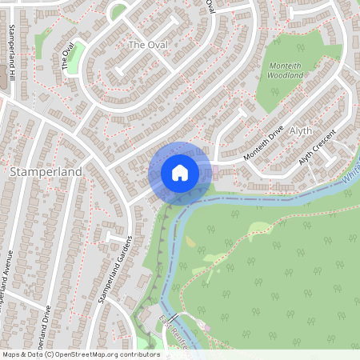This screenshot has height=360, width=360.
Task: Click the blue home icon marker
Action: tap(180, 172)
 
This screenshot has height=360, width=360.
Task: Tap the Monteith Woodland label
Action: tap(285, 70)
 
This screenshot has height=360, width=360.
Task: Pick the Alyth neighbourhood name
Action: tap(302, 130)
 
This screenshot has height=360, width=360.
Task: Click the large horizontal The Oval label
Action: tap(148, 45)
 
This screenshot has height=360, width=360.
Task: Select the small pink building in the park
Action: tap(206, 327)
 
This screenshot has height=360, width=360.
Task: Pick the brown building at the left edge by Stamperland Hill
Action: tap(2, 76)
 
